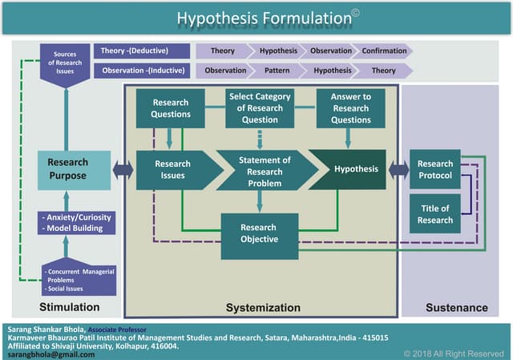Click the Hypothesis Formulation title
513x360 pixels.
tap(256, 17)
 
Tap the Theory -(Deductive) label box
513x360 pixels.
tap(142, 51)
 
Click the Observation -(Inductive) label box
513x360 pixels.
tap(142, 71)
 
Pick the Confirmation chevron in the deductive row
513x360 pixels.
tap(384, 51)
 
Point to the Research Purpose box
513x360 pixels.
tap(73, 169)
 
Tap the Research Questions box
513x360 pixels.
tap(170, 108)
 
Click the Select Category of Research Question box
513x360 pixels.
tap(260, 108)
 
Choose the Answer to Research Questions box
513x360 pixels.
tap(350, 108)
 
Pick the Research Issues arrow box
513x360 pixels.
tap(174, 169)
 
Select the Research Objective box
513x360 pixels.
tap(259, 233)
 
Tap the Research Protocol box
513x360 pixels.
tap(434, 169)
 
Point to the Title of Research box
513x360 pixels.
tap(434, 214)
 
